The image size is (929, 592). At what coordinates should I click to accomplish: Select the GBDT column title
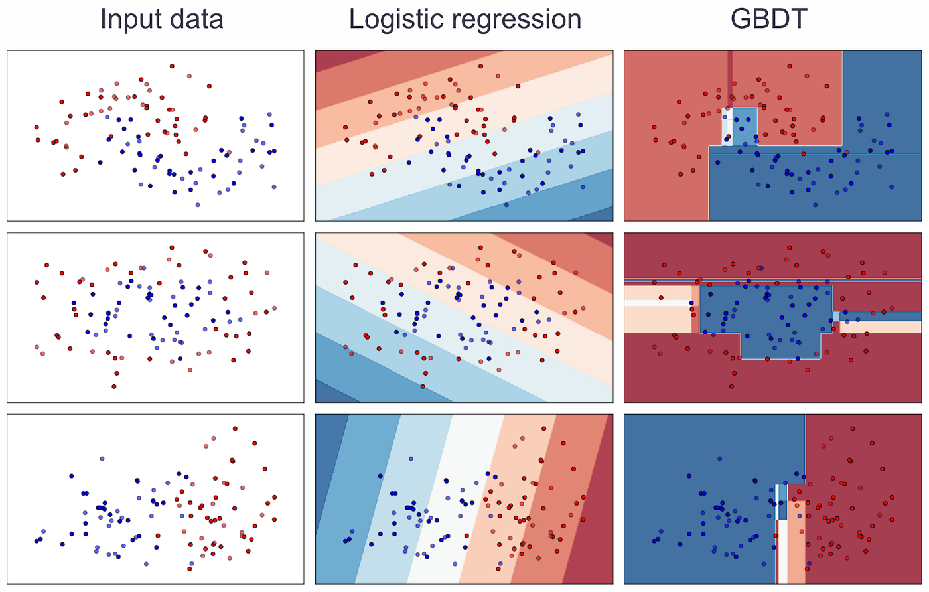768,19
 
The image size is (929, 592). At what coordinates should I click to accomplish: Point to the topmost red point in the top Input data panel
172,66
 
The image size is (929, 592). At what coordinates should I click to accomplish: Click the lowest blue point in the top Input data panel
198,204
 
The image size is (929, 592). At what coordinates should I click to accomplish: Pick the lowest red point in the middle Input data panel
114,386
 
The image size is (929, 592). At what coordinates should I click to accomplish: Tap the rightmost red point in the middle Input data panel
274,308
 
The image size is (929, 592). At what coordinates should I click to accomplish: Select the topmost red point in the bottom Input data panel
235,429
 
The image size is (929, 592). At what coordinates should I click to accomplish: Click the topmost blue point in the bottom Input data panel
102,459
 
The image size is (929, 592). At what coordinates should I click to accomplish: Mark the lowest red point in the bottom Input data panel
190,569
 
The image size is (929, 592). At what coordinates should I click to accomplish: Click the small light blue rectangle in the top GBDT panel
745,126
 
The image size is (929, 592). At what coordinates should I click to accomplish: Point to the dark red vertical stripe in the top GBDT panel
730,76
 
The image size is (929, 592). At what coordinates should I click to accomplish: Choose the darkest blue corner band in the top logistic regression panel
601,214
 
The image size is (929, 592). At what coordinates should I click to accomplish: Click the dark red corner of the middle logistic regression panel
601,239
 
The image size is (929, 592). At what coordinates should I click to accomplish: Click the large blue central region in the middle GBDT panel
763,312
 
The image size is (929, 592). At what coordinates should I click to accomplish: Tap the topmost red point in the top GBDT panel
790,66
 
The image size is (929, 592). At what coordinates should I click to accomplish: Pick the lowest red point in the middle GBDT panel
732,386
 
